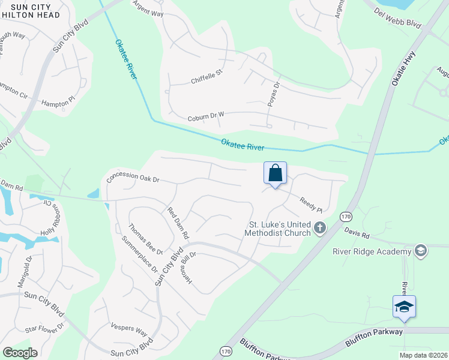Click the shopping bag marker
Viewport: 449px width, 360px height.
[275, 173]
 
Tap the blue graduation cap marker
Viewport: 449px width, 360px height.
[404, 307]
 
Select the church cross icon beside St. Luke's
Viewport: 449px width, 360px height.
[319, 227]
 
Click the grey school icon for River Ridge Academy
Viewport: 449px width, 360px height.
[421, 250]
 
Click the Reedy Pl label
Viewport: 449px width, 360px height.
[311, 206]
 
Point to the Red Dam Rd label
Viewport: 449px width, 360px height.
[178, 223]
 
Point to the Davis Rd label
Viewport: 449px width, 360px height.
[357, 232]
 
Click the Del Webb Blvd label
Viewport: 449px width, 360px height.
[397, 19]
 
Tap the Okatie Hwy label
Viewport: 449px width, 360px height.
[403, 68]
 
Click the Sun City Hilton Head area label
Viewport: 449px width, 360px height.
[31, 10]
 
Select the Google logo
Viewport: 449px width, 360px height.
[20, 352]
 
